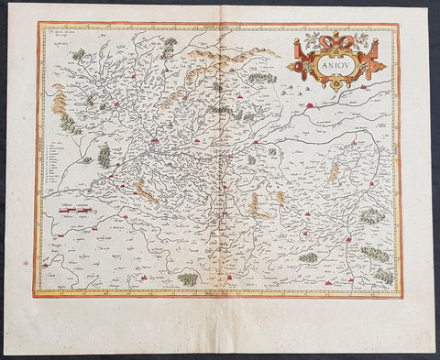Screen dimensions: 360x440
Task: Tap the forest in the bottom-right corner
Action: (x=383, y=274)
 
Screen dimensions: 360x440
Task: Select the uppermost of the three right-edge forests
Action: (x=372, y=216)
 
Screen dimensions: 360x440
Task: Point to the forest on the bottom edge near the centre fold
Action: (x=189, y=278)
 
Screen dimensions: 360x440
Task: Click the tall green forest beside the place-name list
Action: (x=104, y=156)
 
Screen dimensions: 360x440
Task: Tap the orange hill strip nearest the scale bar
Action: (x=143, y=191)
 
